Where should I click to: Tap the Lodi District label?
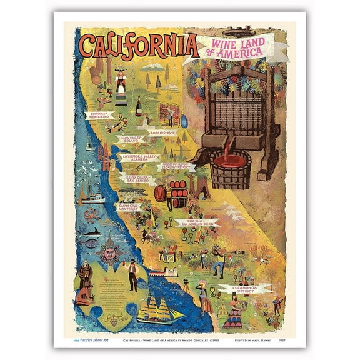coord(162,133)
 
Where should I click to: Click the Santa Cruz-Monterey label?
coord(129,206)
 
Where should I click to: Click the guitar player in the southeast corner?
coord(276,304)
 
